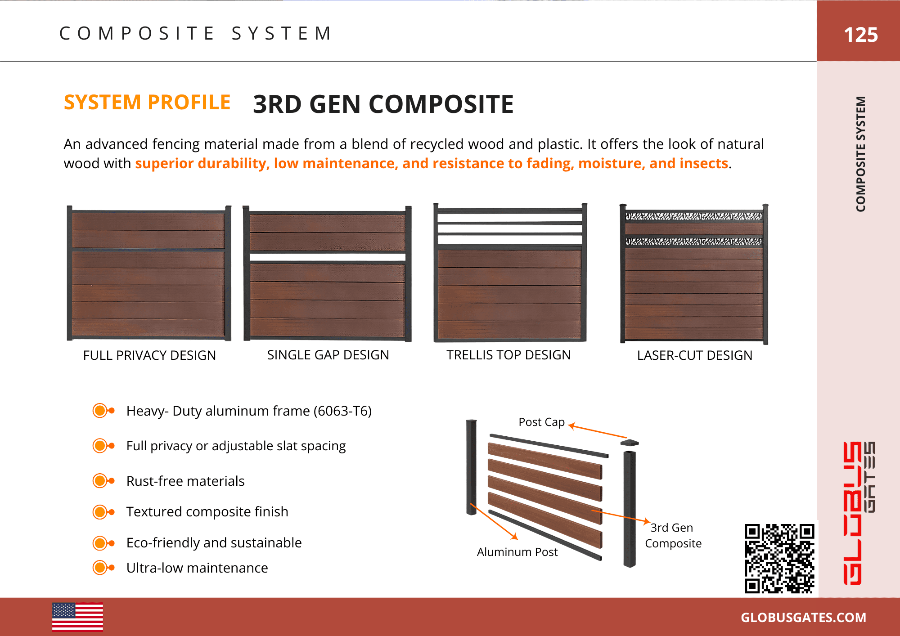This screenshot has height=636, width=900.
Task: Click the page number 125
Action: click(x=860, y=35)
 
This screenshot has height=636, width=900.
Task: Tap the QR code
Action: click(x=779, y=558)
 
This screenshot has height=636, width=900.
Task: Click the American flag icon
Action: click(x=77, y=617)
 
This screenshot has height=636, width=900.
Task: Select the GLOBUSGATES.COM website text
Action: click(x=803, y=618)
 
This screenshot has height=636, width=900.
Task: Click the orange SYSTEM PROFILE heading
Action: click(x=147, y=103)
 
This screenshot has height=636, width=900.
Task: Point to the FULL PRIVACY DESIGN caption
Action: click(x=149, y=355)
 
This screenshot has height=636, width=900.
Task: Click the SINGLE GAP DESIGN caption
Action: click(x=328, y=355)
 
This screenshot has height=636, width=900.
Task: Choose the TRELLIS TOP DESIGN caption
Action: click(x=508, y=355)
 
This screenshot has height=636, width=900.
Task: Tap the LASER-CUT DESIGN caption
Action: click(x=694, y=355)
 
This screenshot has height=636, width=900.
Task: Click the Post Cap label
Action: click(x=541, y=422)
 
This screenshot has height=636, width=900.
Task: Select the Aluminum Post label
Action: click(x=517, y=552)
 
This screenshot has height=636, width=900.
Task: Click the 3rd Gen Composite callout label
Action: click(x=673, y=535)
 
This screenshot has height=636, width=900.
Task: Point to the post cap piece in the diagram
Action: click(x=630, y=443)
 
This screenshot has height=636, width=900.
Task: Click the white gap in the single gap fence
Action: click(x=328, y=257)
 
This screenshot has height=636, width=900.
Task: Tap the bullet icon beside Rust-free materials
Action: click(x=103, y=481)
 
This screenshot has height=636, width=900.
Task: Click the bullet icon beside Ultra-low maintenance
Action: click(x=103, y=568)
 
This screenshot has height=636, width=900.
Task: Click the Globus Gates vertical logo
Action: click(x=859, y=513)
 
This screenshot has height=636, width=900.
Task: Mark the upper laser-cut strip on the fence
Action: click(x=693, y=216)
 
